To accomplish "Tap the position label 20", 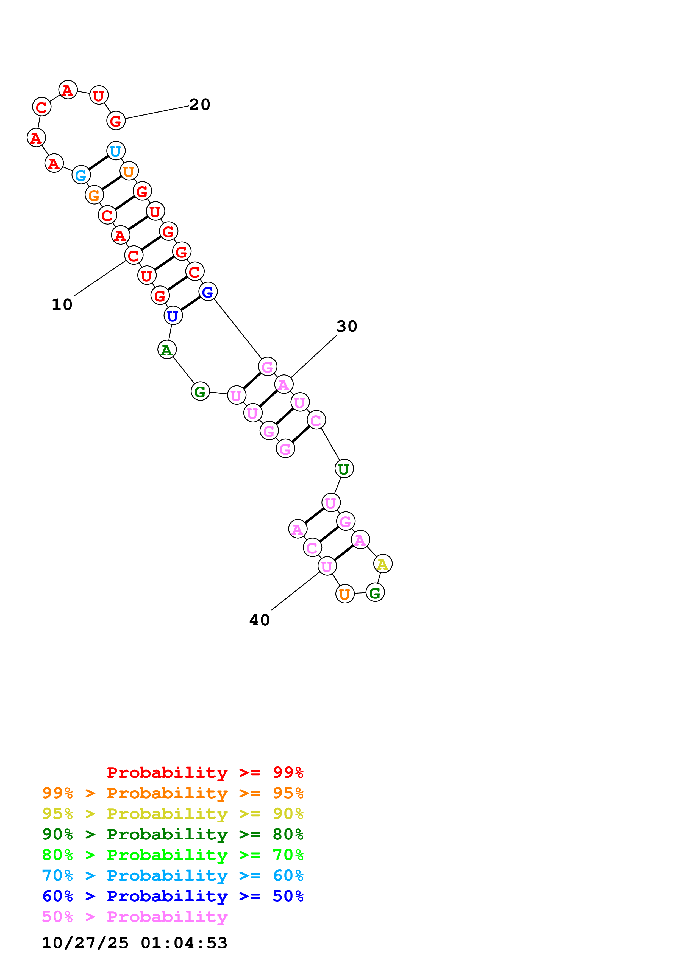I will [199, 104].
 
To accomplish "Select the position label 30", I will [347, 326].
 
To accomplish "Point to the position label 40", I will [259, 620].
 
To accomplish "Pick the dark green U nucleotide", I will [344, 469].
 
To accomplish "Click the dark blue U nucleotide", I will [173, 316].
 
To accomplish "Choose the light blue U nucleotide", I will [116, 151].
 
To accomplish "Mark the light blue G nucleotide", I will [81, 175].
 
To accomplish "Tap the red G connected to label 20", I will [116, 121].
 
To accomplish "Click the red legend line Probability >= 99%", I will [205, 772].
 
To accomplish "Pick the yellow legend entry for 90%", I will [173, 813].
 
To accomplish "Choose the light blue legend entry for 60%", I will [173, 875].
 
